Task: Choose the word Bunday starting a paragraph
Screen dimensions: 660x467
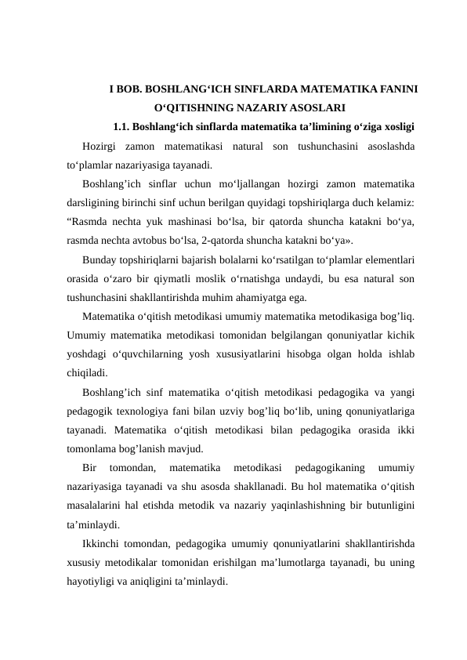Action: click(x=99, y=259)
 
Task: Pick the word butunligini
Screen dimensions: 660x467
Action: click(x=386, y=506)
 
